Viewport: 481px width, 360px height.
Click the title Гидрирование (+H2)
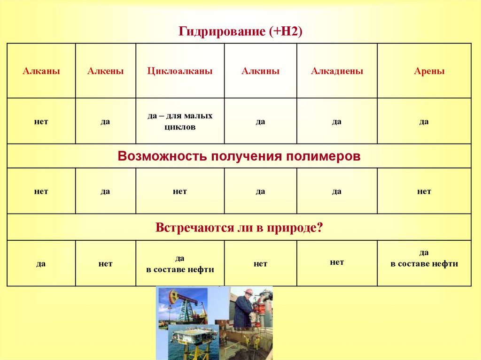[240, 31]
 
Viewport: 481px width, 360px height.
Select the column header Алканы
[41, 71]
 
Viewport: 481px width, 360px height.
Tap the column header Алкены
[105, 71]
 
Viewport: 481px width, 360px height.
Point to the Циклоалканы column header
[179, 71]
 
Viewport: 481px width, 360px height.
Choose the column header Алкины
[260, 71]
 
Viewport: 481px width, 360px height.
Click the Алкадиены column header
[337, 71]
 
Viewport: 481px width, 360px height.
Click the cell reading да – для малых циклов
[179, 121]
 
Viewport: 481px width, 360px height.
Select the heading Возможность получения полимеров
[239, 156]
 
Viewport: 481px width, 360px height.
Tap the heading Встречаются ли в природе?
[239, 227]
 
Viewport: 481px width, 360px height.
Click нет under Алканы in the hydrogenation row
[41, 122]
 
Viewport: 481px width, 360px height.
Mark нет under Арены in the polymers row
[424, 191]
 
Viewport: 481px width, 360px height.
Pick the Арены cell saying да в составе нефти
[424, 259]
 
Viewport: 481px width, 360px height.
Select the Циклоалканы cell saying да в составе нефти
[180, 264]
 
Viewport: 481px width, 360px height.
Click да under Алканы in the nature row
[41, 264]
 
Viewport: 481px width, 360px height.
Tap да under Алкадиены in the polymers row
[336, 191]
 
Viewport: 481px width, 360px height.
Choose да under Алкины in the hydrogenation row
[260, 122]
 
